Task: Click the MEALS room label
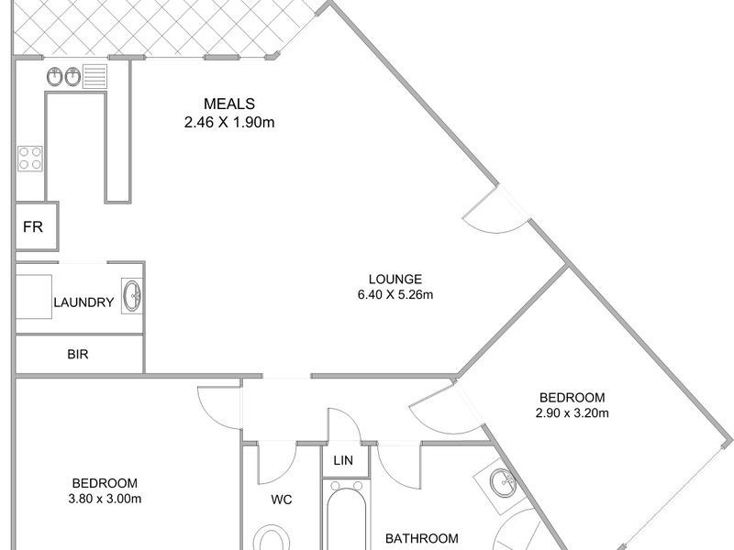tap(228, 103)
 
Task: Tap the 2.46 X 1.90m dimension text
tap(228, 120)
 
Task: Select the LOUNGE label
tap(395, 279)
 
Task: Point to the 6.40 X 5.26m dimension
tap(395, 294)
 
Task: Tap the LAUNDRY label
tap(83, 302)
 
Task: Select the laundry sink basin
tap(133, 295)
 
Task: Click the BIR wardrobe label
tap(78, 353)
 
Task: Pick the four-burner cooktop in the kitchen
tap(29, 158)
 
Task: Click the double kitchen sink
tap(62, 77)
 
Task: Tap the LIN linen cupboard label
tap(344, 459)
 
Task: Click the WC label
tap(281, 500)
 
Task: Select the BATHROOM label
tap(420, 538)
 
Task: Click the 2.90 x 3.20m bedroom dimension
tap(572, 412)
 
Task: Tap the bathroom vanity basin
tap(501, 480)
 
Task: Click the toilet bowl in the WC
tap(272, 537)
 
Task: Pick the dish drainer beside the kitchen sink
tap(95, 76)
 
